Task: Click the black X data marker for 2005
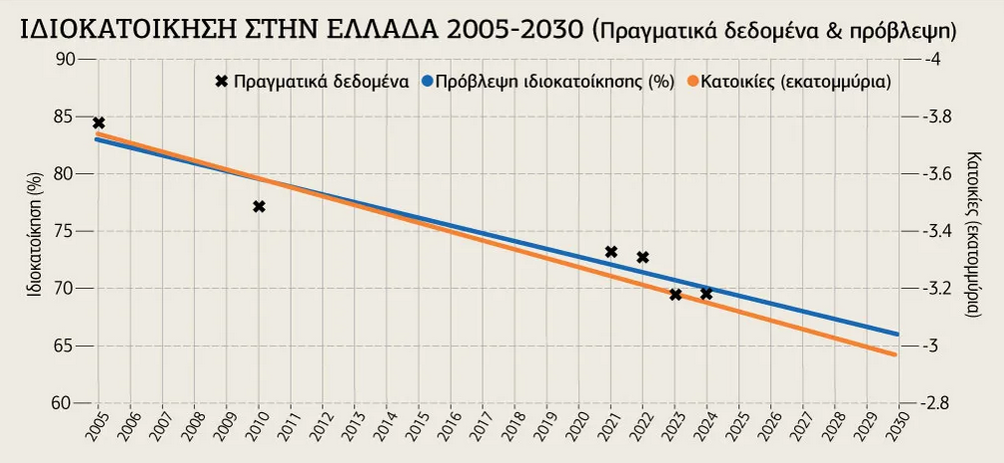point(99,123)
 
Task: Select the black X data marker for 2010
point(259,207)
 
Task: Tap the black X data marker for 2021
point(611,252)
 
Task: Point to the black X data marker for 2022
point(642,257)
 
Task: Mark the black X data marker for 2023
point(675,294)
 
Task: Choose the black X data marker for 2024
point(706,293)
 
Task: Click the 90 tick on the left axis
point(66,59)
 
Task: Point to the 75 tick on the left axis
point(66,231)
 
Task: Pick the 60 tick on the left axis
point(66,403)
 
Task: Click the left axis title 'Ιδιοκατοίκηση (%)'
point(33,231)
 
